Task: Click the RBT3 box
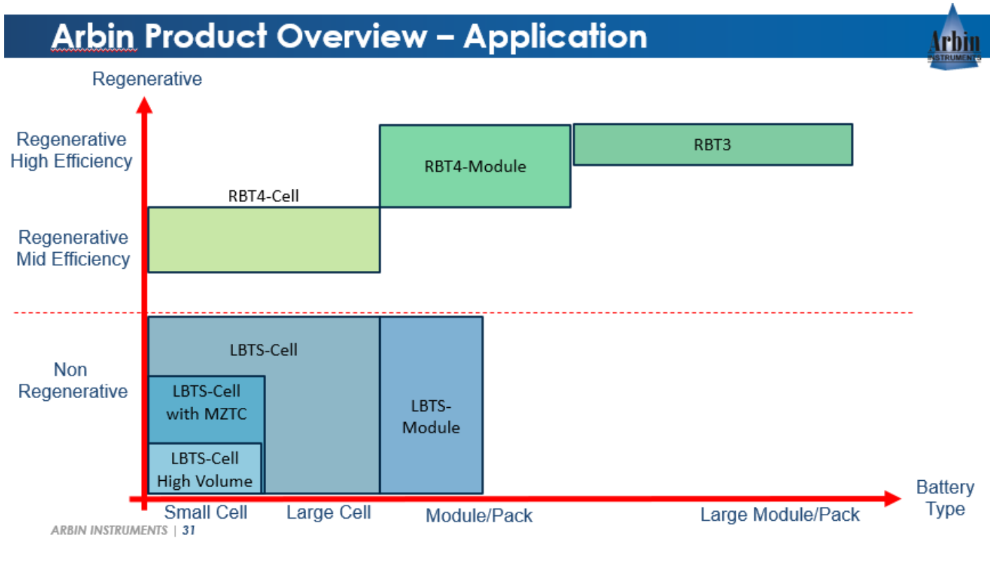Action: pyautogui.click(x=713, y=145)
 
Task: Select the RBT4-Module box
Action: pyautogui.click(x=475, y=166)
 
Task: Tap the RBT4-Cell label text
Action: pyautogui.click(x=263, y=196)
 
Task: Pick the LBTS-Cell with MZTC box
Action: pyautogui.click(x=206, y=403)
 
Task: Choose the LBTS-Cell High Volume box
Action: pyautogui.click(x=204, y=470)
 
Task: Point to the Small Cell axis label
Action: pyautogui.click(x=206, y=512)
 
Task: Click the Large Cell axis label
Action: pyautogui.click(x=329, y=513)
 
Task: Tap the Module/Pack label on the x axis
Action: pyautogui.click(x=479, y=516)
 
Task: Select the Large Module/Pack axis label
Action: pyautogui.click(x=779, y=515)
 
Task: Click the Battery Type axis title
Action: pyautogui.click(x=945, y=498)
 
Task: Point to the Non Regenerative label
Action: pyautogui.click(x=72, y=380)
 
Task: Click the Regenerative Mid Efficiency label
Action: pyautogui.click(x=73, y=248)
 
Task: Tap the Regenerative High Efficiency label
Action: pyautogui.click(x=71, y=150)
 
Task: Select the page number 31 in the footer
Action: pyautogui.click(x=188, y=531)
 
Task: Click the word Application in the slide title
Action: pyautogui.click(x=555, y=36)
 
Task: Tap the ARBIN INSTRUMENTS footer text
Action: pyautogui.click(x=109, y=531)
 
